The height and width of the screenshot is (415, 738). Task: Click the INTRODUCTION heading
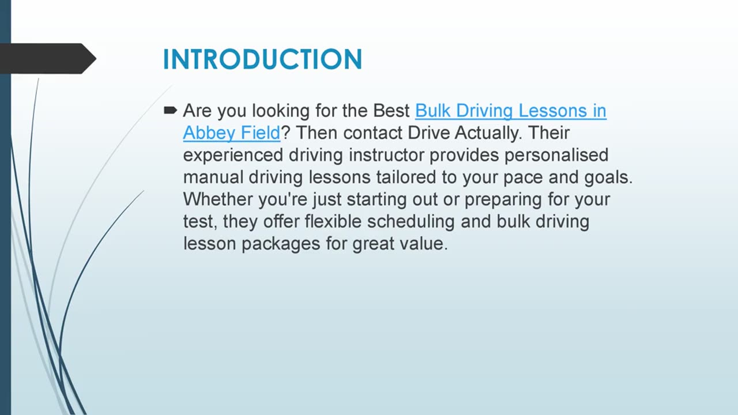coord(262,59)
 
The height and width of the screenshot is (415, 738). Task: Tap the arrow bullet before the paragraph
coord(170,110)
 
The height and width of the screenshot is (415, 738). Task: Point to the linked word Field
coord(258,133)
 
